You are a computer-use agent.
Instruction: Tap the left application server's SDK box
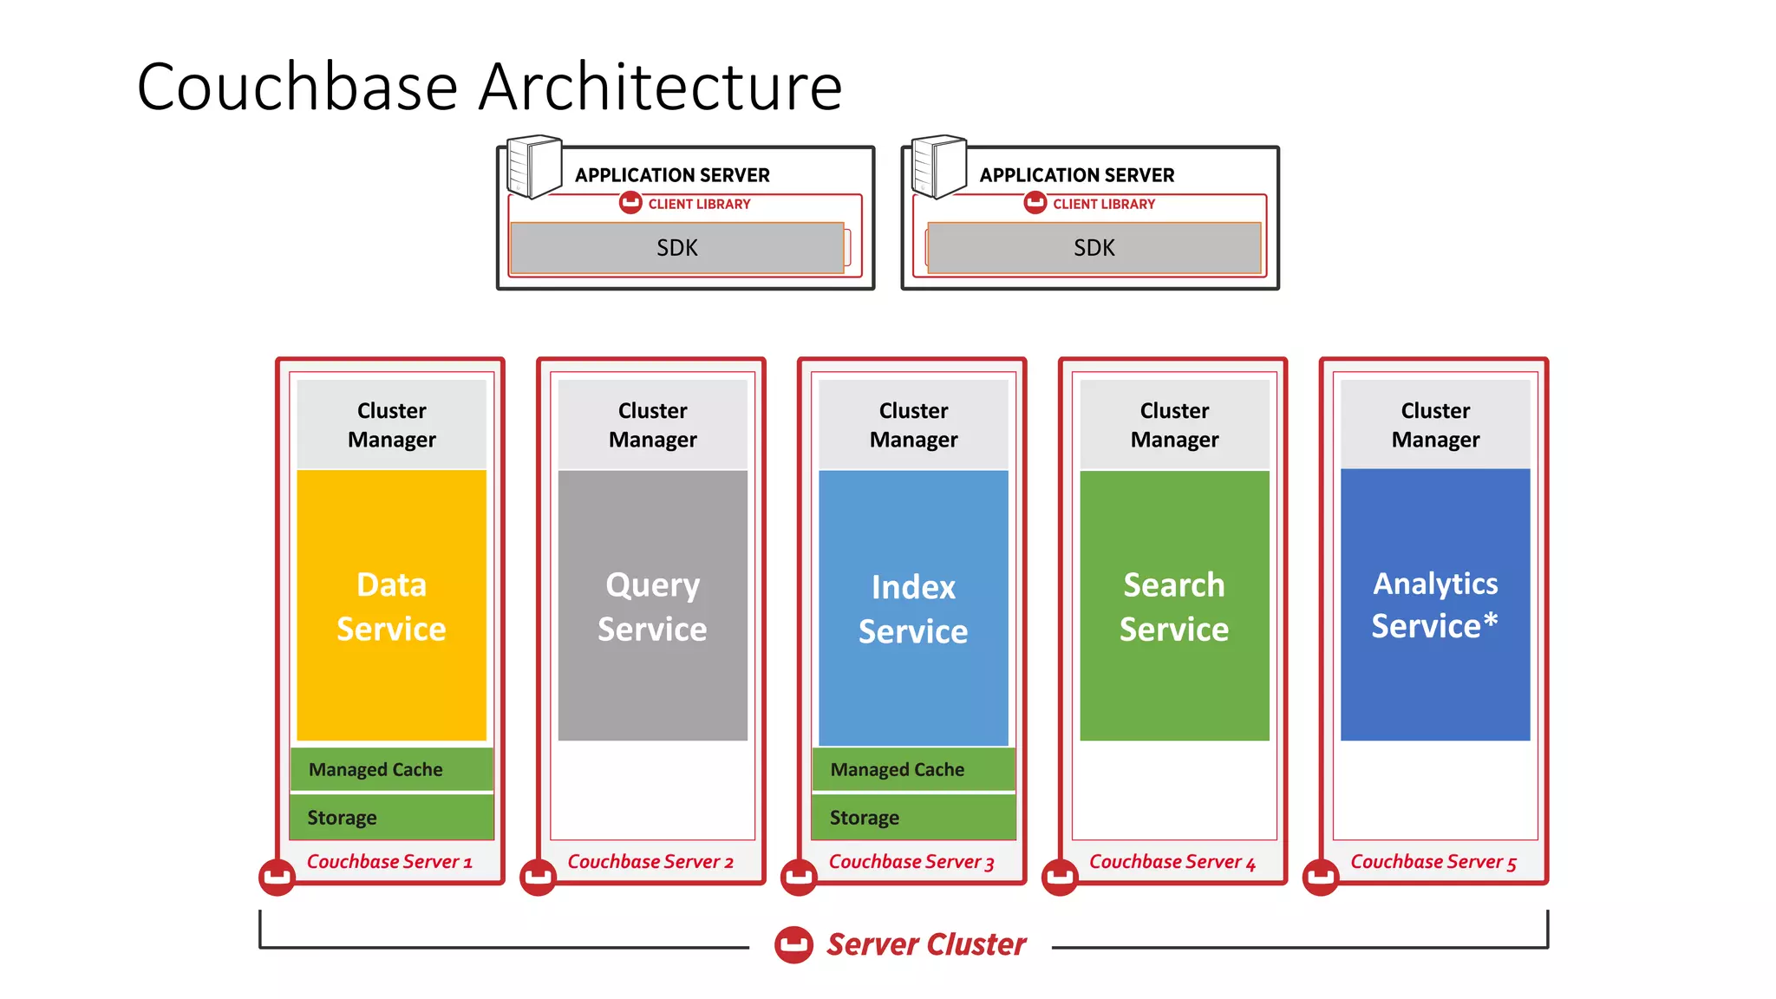(676, 248)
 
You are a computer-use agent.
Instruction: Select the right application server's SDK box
(1094, 248)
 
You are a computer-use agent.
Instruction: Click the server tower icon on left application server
(533, 166)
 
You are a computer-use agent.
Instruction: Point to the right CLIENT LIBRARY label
(1103, 204)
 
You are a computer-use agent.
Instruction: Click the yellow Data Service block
(391, 605)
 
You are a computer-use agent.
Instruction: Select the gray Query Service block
(652, 605)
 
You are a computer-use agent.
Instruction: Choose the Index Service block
(913, 607)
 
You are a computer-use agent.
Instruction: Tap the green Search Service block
(1174, 605)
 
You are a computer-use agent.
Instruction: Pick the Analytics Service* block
(1435, 604)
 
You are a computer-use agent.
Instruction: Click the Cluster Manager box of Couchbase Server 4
(1174, 425)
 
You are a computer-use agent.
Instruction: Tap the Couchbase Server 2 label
(650, 862)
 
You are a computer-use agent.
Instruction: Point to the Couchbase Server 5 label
(1433, 862)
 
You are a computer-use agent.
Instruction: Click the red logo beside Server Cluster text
(793, 945)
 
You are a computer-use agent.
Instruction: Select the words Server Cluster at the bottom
(925, 944)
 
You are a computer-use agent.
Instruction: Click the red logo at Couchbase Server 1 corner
(277, 877)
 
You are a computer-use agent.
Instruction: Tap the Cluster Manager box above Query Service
(652, 425)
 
